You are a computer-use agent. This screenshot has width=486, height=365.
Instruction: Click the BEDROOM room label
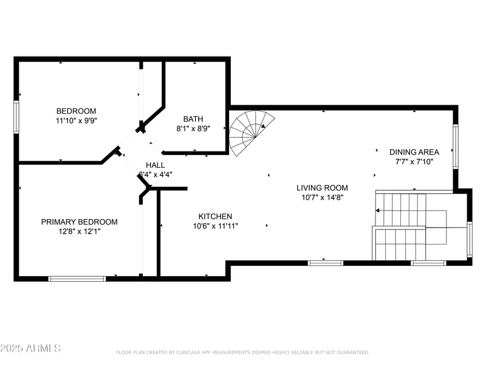76,111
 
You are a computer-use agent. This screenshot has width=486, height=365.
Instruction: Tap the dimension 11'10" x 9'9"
76,120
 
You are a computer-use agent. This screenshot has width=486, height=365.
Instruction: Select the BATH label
193,119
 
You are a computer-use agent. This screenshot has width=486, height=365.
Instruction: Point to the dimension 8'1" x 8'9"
193,129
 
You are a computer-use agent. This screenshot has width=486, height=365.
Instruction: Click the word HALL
155,165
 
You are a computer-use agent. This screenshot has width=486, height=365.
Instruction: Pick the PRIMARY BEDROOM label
80,222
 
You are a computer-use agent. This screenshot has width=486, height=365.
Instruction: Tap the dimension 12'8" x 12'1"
80,231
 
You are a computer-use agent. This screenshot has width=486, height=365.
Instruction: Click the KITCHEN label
215,217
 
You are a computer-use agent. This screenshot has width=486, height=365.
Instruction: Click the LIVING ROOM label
322,188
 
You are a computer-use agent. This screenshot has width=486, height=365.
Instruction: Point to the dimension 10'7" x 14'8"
322,198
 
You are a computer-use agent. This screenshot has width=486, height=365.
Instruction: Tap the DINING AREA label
414,152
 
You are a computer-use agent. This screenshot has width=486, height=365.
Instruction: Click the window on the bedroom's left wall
17,116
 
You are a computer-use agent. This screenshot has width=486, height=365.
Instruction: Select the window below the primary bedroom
77,278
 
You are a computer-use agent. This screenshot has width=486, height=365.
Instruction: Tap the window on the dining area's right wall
455,147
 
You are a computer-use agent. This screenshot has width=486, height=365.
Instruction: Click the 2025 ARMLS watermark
30,349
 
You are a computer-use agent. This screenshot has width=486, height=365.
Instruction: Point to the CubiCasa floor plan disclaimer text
243,352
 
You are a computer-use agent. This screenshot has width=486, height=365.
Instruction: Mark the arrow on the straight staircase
378,210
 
